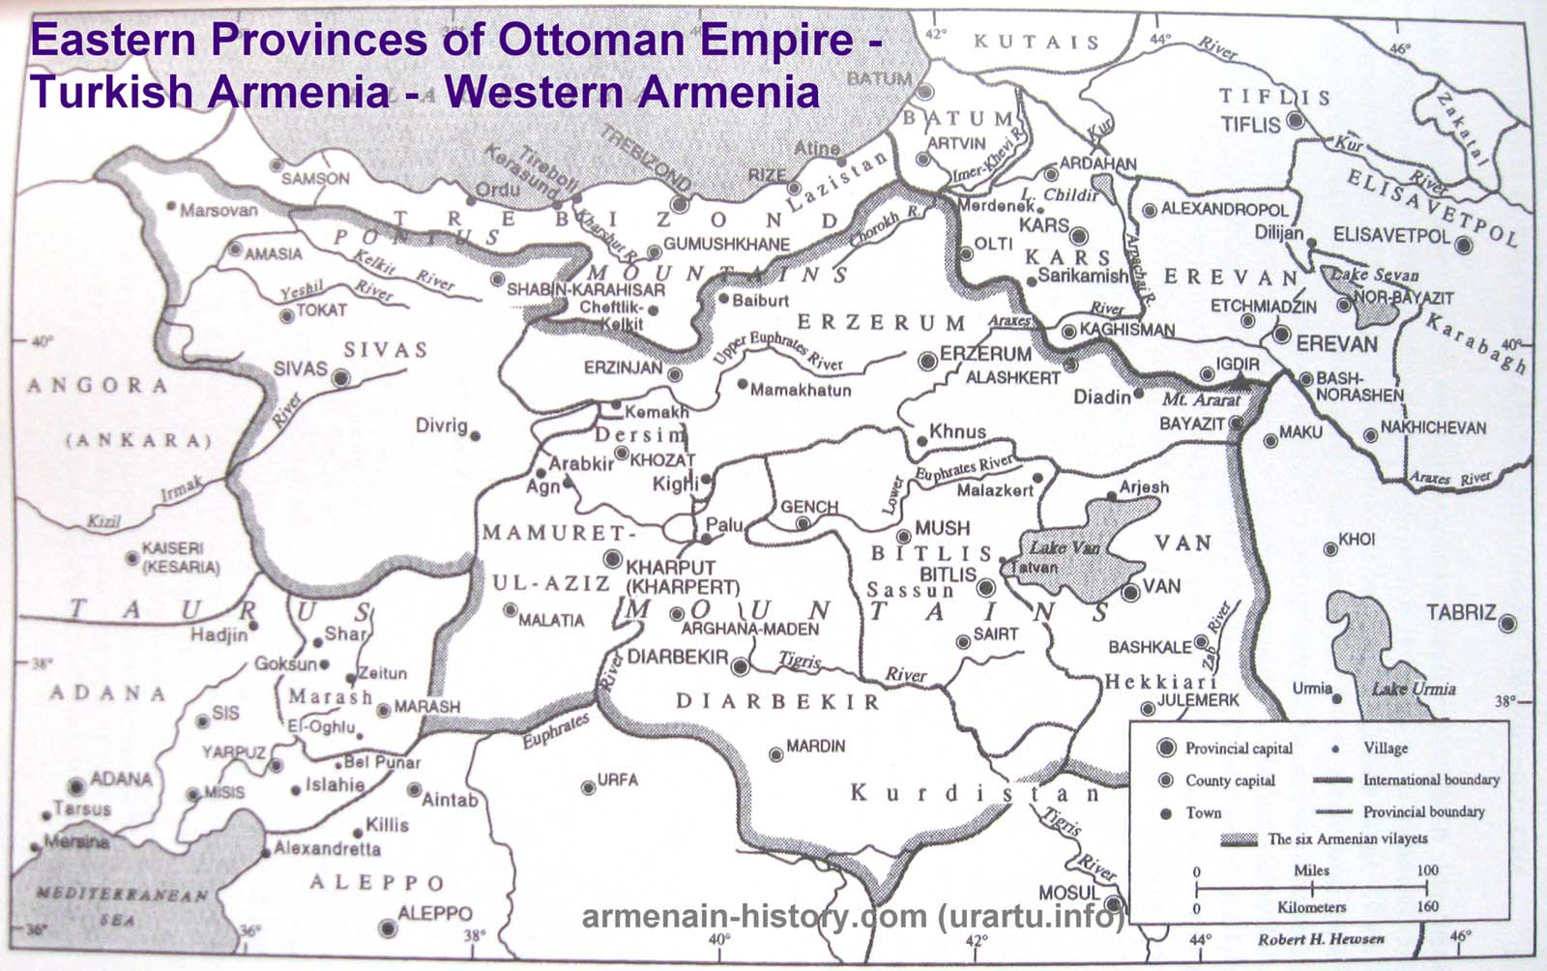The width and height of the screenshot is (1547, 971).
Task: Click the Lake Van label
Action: click(1064, 547)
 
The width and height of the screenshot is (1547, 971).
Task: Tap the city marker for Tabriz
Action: click(1506, 624)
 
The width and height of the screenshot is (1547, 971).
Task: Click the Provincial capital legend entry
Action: click(1239, 748)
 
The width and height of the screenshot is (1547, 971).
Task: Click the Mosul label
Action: click(1069, 892)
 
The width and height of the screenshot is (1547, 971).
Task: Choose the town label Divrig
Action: click(441, 426)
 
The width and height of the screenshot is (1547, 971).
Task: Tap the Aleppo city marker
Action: click(389, 928)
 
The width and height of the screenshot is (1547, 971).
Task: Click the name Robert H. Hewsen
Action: click(1321, 939)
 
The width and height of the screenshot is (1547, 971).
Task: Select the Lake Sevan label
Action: click(1366, 275)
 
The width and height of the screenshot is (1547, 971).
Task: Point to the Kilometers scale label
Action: click(1310, 907)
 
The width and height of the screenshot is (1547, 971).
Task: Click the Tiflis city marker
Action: click(1296, 123)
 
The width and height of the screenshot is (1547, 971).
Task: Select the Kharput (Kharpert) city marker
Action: click(612, 558)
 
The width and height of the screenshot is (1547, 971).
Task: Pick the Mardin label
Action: click(815, 747)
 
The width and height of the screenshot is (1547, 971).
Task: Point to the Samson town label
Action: click(315, 179)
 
